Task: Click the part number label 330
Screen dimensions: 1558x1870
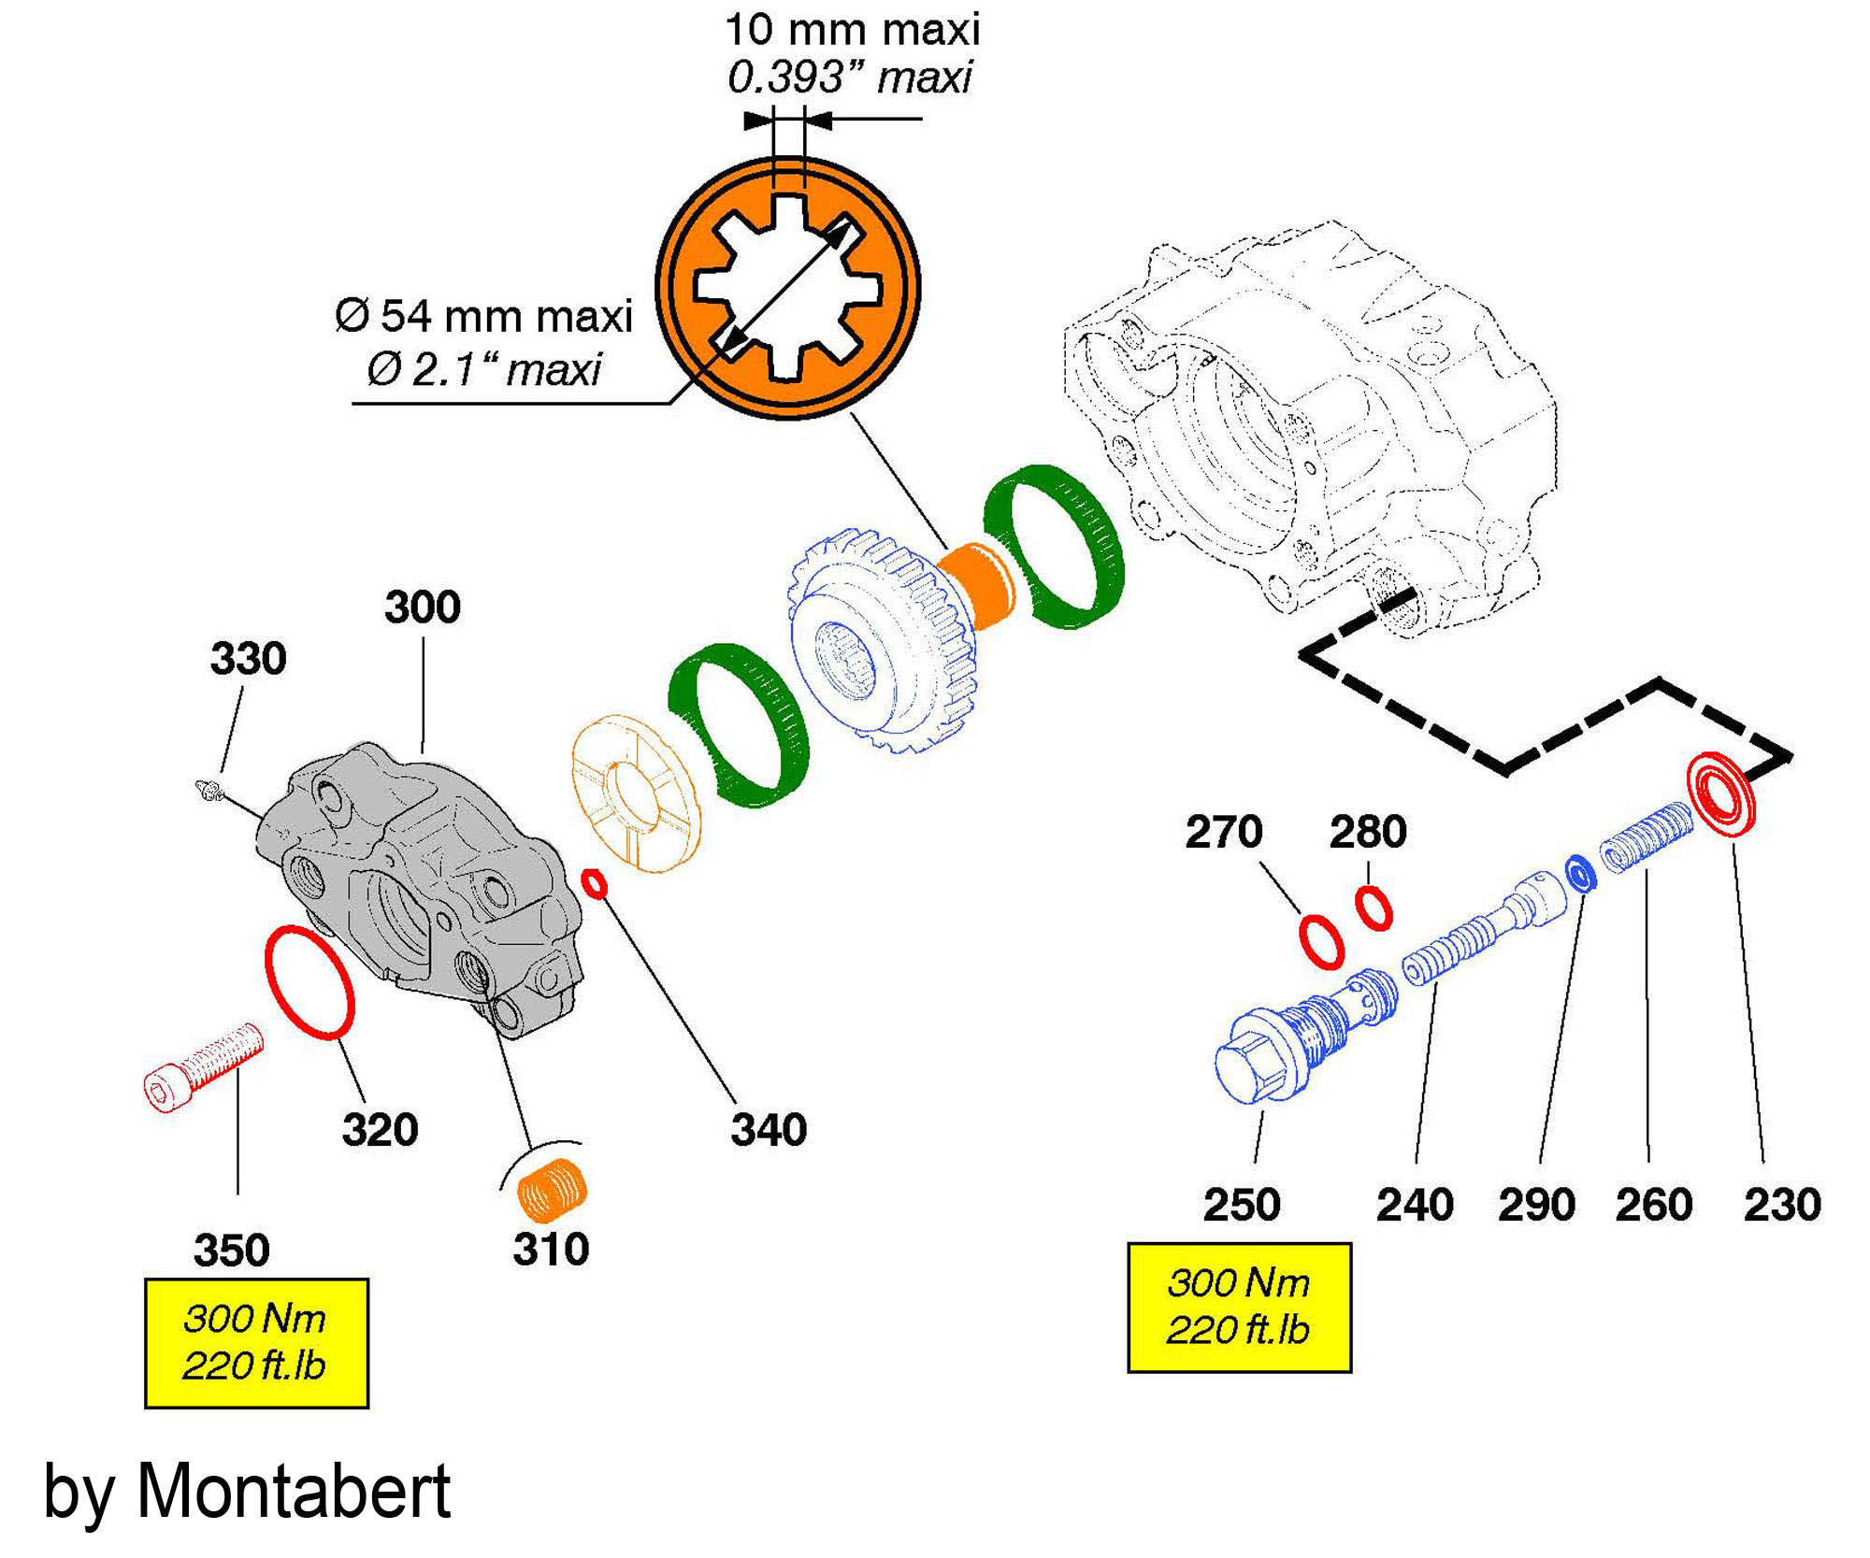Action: tap(248, 659)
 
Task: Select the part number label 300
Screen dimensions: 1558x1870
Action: tap(423, 607)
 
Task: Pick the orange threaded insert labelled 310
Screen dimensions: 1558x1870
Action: tap(553, 1189)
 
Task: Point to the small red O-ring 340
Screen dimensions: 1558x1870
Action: tap(595, 883)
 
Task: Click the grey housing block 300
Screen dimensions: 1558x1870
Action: tap(421, 888)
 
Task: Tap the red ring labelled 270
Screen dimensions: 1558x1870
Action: tap(1321, 942)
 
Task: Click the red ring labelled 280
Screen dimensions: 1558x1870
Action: tap(1374, 908)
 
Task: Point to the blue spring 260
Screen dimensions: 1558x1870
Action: tap(1647, 838)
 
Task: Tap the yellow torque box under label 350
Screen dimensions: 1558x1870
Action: tap(256, 1343)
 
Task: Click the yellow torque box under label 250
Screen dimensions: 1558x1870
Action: tap(1239, 1307)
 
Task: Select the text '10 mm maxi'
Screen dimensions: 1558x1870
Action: tap(852, 30)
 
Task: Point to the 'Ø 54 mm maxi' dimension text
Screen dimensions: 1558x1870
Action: tap(483, 316)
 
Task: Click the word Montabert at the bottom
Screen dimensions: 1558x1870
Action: tap(294, 1491)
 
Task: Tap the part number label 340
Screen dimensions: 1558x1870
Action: tap(769, 1130)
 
